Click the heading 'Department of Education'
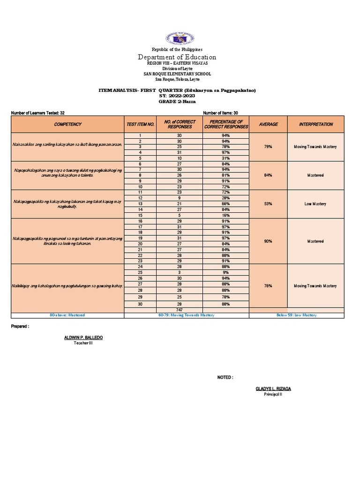(x=177, y=57)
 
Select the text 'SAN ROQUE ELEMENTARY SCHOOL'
(x=177, y=74)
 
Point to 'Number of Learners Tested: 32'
(x=37, y=113)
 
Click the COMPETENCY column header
(x=67, y=124)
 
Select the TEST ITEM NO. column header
(x=140, y=125)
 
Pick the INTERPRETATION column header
(x=316, y=124)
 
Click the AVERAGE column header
(x=268, y=124)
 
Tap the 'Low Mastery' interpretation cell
(x=315, y=204)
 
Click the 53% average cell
(x=268, y=204)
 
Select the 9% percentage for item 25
(x=225, y=272)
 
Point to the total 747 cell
(x=179, y=310)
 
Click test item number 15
(x=140, y=215)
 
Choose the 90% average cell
(x=268, y=241)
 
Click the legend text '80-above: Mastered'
(x=67, y=315)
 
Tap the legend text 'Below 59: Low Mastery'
(x=297, y=315)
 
